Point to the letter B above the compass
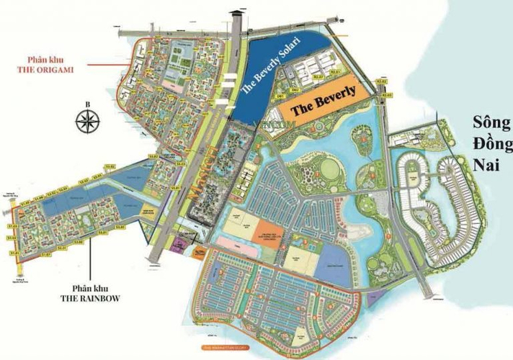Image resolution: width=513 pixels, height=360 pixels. (86, 105)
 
